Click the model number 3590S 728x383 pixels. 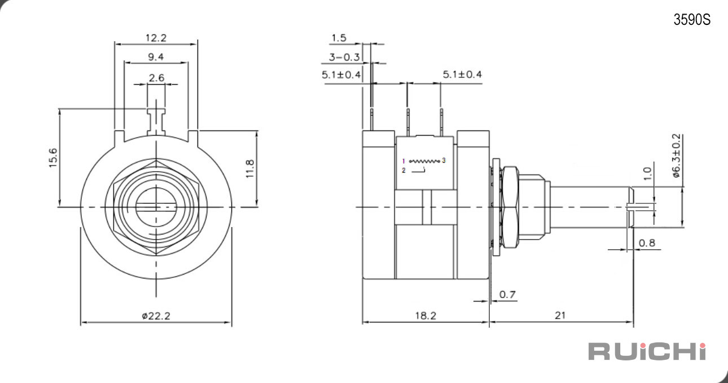[x=692, y=20]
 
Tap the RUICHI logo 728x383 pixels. [x=647, y=351]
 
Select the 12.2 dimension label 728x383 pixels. [x=156, y=38]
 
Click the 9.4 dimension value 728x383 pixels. [x=156, y=57]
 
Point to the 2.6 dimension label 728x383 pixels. [x=157, y=78]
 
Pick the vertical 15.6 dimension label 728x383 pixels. [x=53, y=158]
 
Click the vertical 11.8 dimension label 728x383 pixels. [x=249, y=168]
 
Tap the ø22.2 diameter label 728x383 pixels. [x=156, y=316]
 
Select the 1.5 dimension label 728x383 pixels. [x=339, y=38]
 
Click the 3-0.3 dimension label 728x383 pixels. [x=344, y=57]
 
